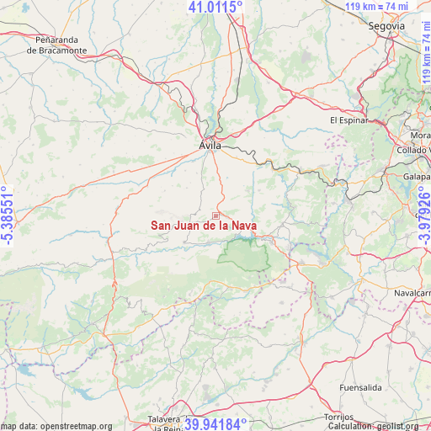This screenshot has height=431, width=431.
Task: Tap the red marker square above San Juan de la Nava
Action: [215, 216]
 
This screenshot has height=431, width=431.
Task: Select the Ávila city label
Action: [210, 146]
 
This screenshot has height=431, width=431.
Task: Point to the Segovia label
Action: [386, 26]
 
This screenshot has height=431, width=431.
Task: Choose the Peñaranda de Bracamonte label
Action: [56, 45]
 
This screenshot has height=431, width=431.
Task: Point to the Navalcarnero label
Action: [412, 292]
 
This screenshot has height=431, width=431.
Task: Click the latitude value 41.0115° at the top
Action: [215, 7]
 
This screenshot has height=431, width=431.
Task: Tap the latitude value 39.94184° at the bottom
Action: [215, 424]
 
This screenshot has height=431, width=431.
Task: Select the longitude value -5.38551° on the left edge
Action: [8, 215]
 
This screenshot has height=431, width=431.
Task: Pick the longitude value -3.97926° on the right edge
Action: [423, 215]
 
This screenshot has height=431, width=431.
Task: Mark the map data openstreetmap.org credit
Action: [56, 426]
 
